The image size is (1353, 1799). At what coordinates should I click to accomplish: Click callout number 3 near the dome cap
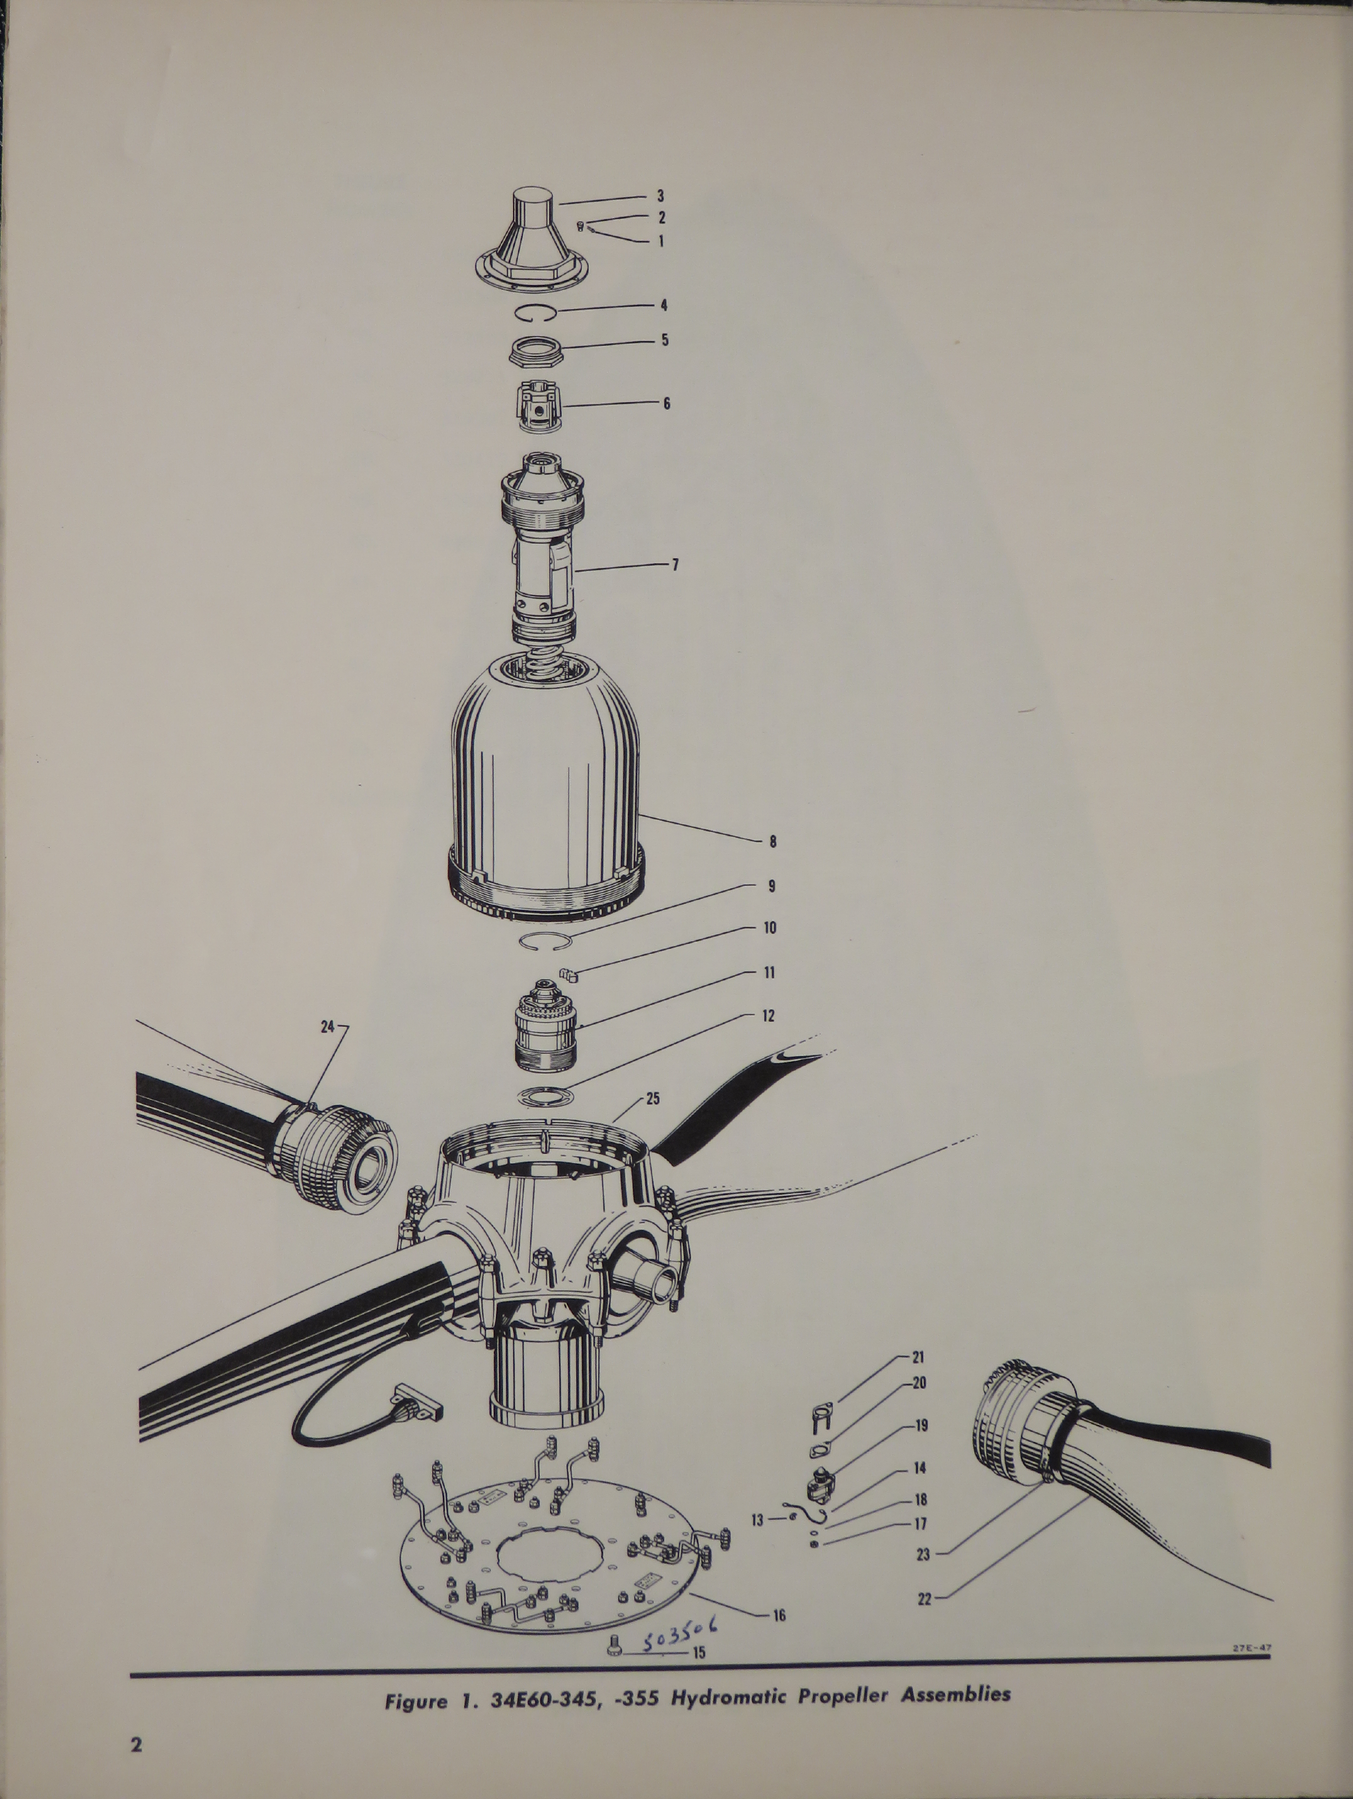coord(661,196)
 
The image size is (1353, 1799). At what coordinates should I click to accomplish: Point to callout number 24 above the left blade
coord(327,1027)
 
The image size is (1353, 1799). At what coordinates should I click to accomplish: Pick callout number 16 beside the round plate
coord(779,1615)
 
